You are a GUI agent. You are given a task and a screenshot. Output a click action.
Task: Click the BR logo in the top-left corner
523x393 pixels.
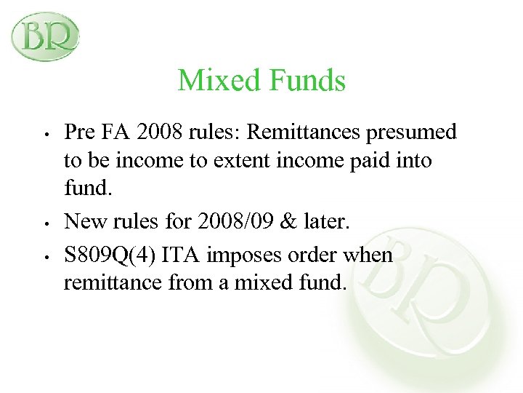coord(45,36)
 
